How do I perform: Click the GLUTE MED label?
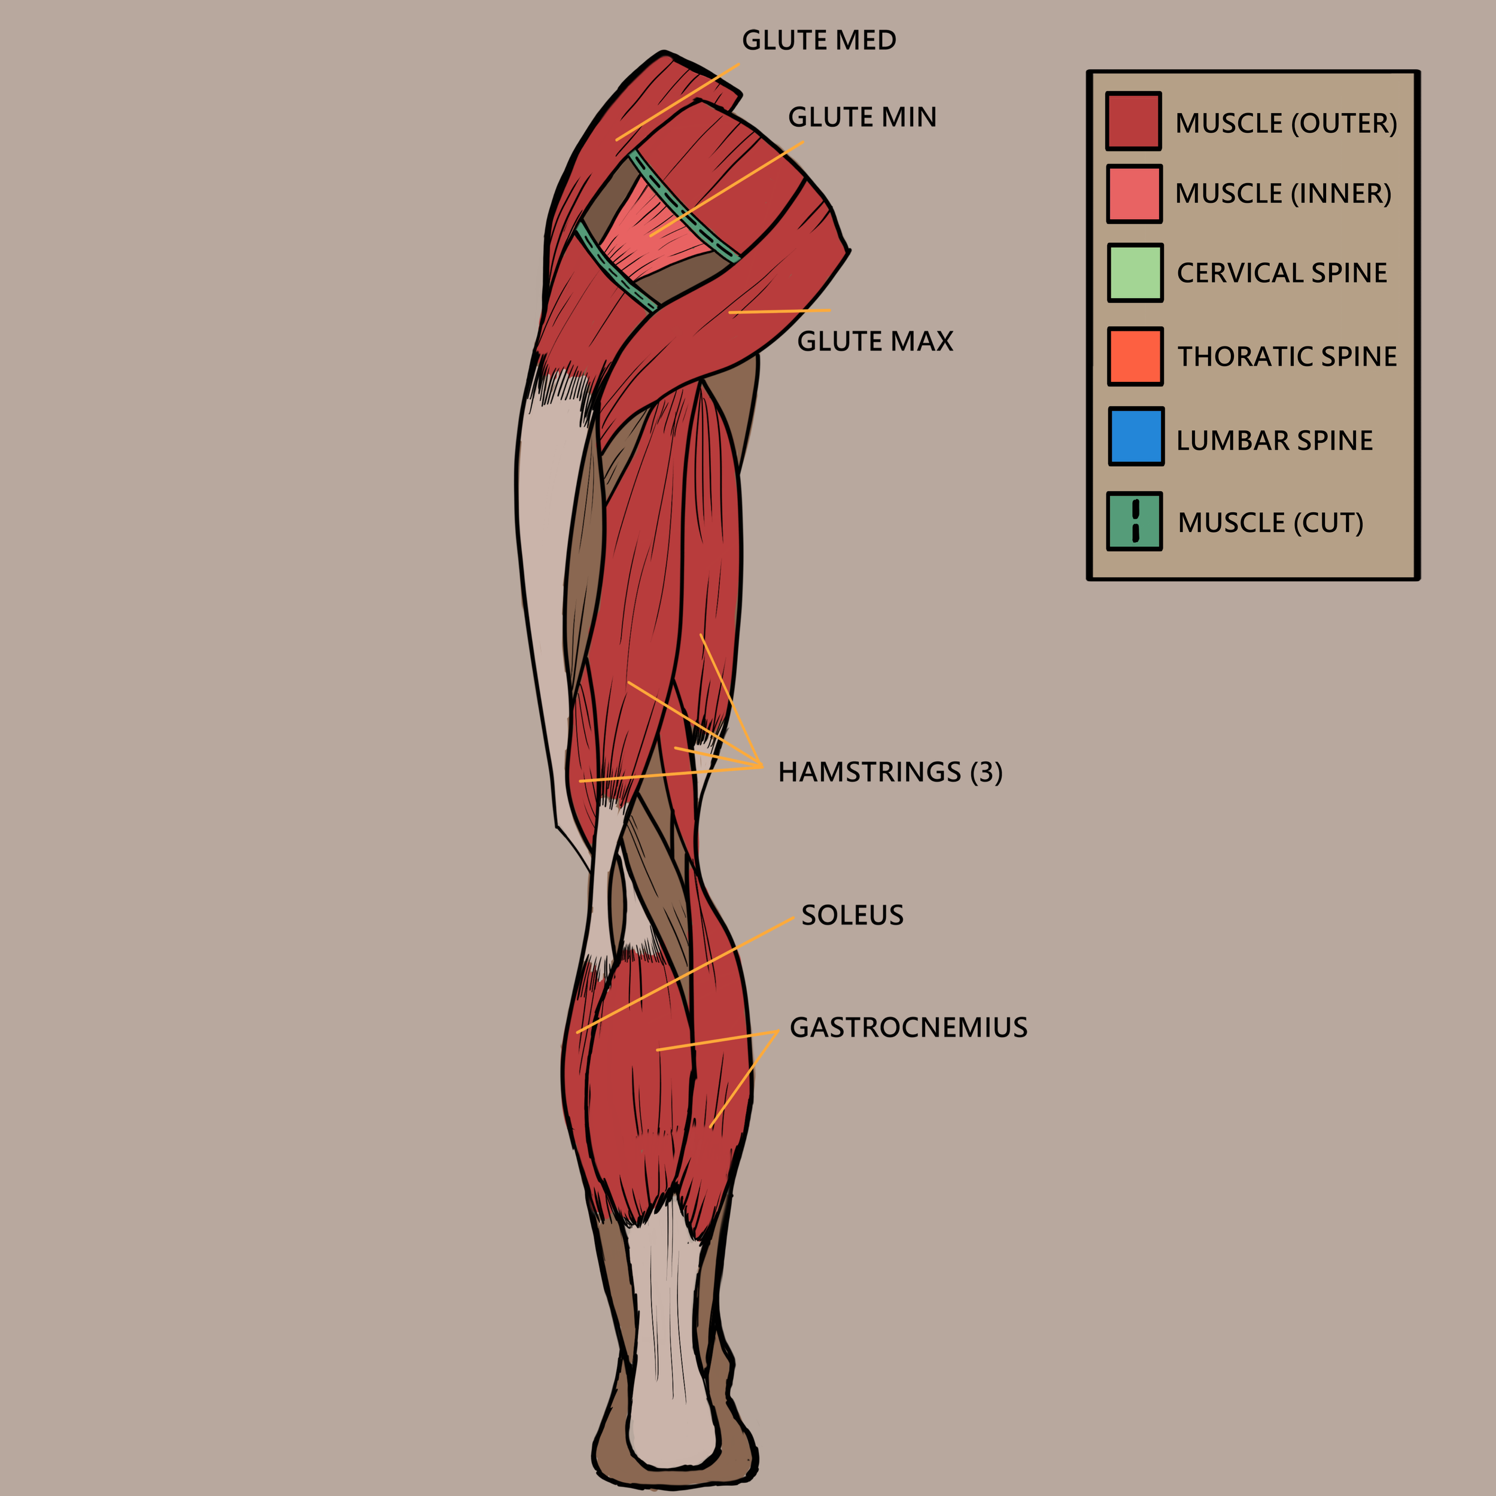click(x=819, y=40)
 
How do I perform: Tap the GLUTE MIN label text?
click(x=862, y=117)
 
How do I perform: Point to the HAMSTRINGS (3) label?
click(x=890, y=772)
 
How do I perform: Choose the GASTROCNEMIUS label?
click(x=908, y=1027)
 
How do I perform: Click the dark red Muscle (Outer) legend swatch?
click(x=1133, y=121)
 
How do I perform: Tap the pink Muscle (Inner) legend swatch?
click(x=1133, y=193)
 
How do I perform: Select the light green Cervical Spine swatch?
click(x=1135, y=272)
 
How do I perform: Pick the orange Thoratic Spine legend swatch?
click(x=1135, y=356)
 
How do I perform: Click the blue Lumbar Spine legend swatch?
click(x=1136, y=437)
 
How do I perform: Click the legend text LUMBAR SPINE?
click(x=1274, y=440)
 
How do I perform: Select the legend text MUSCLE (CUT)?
click(x=1270, y=522)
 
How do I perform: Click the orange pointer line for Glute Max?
click(x=778, y=311)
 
